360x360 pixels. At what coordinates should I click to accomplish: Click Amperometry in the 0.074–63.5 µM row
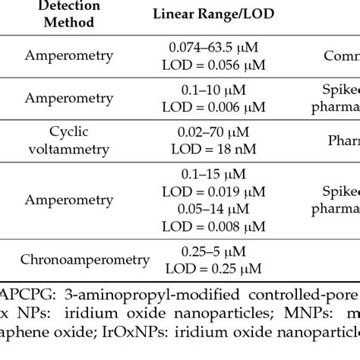coord(69,56)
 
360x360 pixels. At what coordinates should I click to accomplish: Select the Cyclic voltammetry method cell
coord(69,140)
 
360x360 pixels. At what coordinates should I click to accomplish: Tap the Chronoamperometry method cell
coord(85,259)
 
